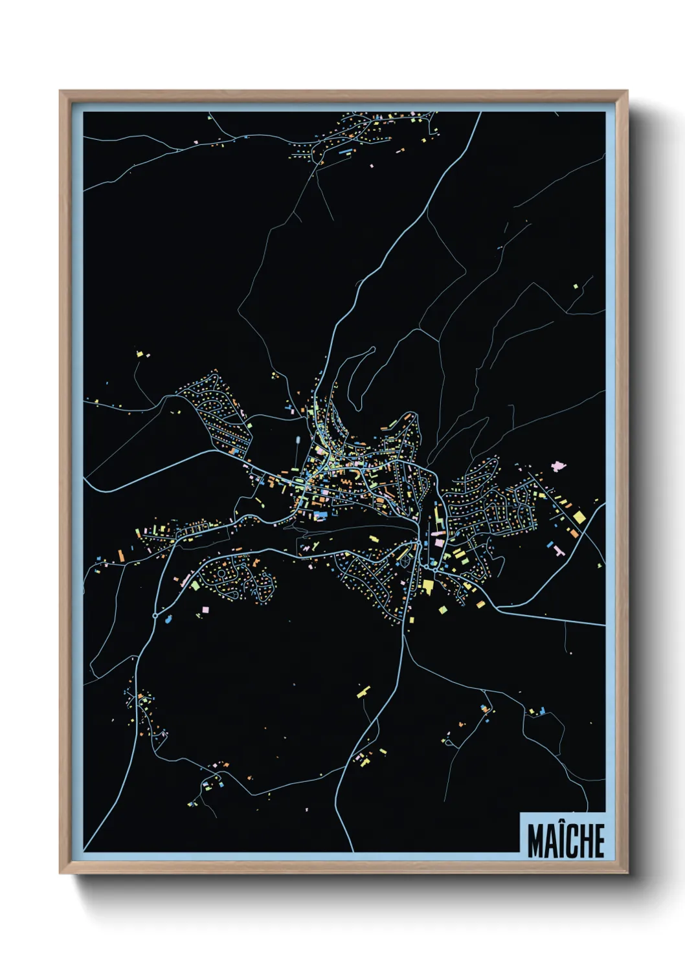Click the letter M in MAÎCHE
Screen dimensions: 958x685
535,841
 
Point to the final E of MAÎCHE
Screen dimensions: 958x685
599,841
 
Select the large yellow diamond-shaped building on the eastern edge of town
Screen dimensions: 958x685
579,517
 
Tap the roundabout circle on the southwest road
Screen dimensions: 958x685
155,615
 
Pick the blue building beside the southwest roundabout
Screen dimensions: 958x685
169,619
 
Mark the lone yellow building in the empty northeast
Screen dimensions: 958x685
576,285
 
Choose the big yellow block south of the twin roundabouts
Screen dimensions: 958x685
427,586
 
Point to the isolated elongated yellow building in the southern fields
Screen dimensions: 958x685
363,691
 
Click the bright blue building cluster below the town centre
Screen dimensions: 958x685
320,515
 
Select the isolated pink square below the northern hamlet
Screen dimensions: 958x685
372,166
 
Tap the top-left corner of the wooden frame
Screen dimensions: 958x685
60,91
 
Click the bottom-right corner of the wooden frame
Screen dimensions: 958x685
627,873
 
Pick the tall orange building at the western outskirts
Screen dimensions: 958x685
120,555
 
